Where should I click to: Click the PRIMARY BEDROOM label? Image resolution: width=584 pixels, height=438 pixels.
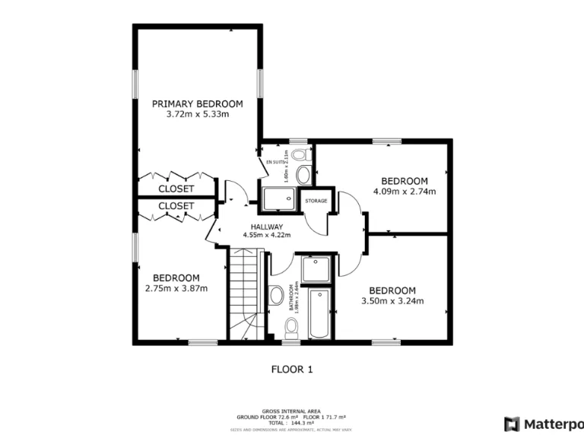pyautogui.click(x=197, y=103)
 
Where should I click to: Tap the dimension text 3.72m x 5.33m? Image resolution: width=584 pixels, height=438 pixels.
pyautogui.click(x=197, y=114)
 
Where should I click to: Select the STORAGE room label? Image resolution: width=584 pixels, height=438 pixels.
pyautogui.click(x=316, y=201)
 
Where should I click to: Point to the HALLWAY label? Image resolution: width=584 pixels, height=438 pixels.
pyautogui.click(x=263, y=227)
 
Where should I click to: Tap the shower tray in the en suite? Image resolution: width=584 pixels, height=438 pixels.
pyautogui.click(x=278, y=198)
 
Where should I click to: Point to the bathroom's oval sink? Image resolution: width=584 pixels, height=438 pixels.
pyautogui.click(x=275, y=294)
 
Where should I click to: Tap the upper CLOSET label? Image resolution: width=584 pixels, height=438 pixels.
pyautogui.click(x=176, y=189)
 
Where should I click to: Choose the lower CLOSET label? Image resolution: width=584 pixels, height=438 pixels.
pyautogui.click(x=176, y=205)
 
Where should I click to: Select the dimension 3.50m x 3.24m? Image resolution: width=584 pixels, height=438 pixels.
pyautogui.click(x=392, y=301)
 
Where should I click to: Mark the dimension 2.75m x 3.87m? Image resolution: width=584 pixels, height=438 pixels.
pyautogui.click(x=176, y=288)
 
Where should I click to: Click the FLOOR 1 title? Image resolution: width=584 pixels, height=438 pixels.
pyautogui.click(x=292, y=370)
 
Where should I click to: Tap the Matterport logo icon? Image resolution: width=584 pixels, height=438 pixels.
pyautogui.click(x=512, y=424)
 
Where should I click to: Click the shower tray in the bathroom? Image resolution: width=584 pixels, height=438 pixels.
pyautogui.click(x=315, y=269)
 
